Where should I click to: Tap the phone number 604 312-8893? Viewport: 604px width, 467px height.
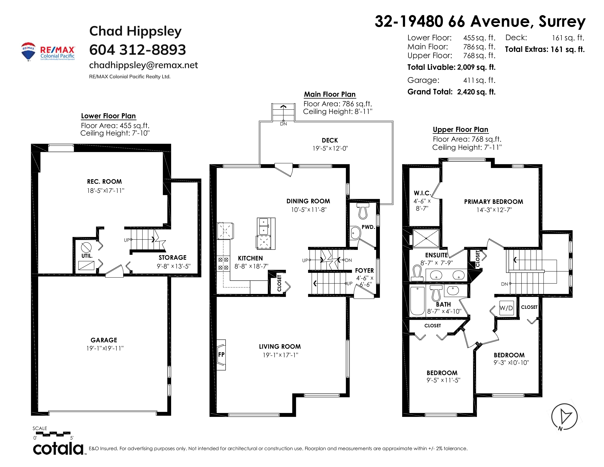[137, 50]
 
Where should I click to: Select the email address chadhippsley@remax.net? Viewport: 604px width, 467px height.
[143, 65]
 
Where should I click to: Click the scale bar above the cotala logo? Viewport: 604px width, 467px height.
[52, 433]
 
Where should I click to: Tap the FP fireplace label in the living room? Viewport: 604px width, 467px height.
[221, 354]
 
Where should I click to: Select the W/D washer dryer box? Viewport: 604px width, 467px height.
[506, 308]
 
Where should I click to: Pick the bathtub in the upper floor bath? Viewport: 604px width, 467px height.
[417, 301]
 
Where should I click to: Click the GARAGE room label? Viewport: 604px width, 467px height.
[104, 340]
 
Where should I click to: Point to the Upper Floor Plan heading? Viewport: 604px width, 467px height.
[461, 129]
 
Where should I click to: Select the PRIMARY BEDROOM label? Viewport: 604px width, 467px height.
[494, 202]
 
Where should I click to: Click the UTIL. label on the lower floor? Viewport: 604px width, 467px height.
[87, 256]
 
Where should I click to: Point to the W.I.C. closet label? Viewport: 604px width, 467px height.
[422, 193]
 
